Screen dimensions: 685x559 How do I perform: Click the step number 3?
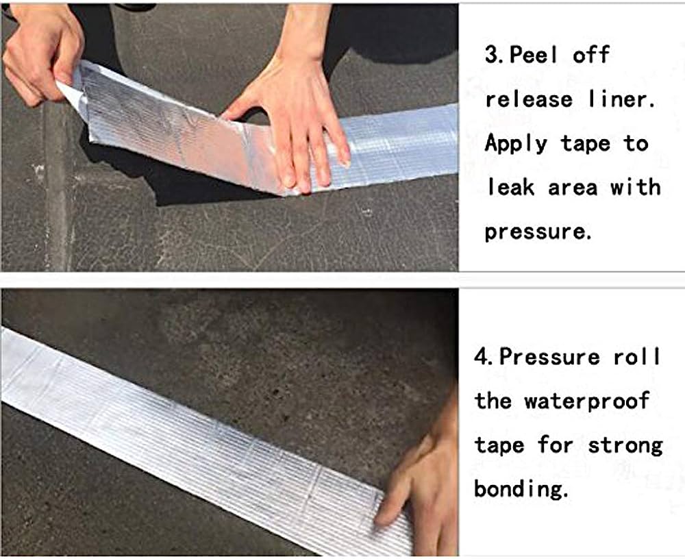[493, 55]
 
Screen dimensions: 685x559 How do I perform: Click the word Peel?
[534, 55]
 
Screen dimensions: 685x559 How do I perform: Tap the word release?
[529, 99]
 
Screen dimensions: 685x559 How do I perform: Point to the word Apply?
[516, 145]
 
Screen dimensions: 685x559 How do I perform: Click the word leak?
[510, 187]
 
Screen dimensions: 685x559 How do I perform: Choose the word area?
[573, 188]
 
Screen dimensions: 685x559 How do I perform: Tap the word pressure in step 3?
[538, 232]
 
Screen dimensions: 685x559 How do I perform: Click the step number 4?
[482, 357]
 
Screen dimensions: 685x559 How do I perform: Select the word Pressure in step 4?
[549, 357]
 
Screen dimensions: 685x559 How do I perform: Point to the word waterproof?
[587, 401]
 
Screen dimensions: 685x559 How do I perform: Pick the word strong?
[625, 446]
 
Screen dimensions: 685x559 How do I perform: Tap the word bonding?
[521, 489]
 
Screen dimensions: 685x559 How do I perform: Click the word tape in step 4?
[499, 446]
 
